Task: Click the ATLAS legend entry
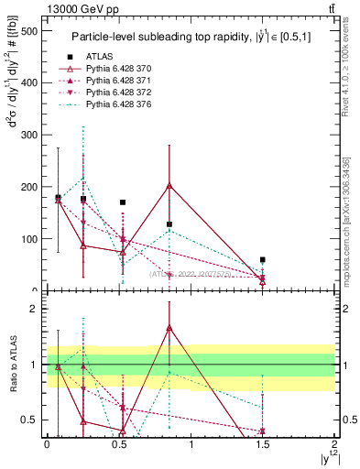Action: [97, 56]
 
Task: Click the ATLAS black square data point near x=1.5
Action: [263, 260]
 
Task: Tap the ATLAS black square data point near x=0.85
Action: [169, 224]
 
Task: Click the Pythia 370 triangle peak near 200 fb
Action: [169, 185]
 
